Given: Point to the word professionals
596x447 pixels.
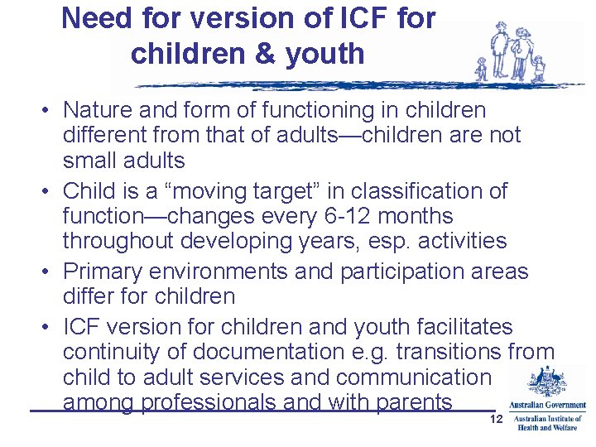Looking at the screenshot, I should click(x=219, y=403).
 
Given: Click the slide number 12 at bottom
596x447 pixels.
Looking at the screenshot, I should click(x=497, y=421).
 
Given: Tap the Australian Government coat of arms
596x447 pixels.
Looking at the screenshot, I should click(x=546, y=383).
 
